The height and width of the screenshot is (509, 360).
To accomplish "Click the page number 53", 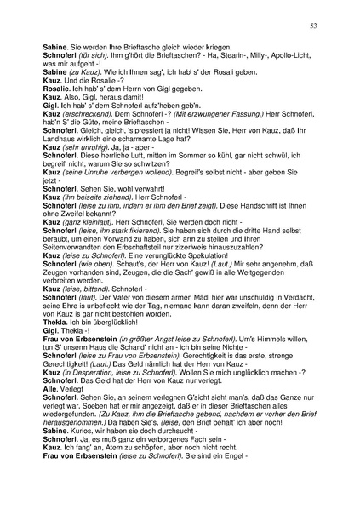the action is click(x=314, y=27).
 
